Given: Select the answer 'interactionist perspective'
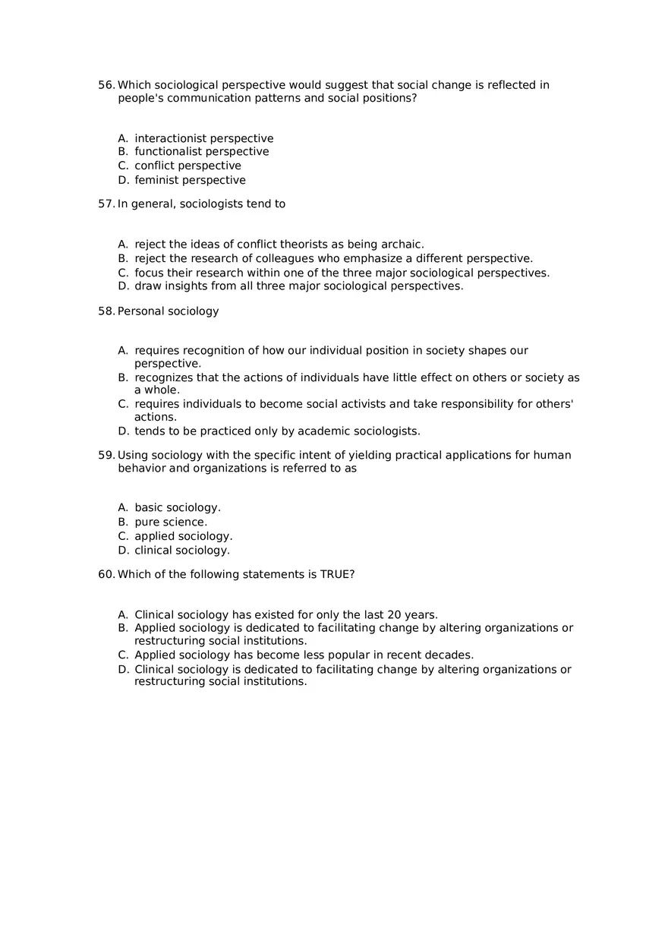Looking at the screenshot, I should click(x=203, y=138).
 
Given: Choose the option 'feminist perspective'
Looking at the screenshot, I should click(x=190, y=180).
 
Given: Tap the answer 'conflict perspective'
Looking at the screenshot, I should click(x=187, y=166).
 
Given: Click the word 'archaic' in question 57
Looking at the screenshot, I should click(x=402, y=245).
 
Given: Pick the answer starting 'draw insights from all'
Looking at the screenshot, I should click(x=298, y=286).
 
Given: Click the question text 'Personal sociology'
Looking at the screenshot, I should click(x=168, y=311).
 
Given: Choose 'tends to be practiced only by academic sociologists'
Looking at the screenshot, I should click(x=277, y=431).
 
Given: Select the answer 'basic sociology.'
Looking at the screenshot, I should click(x=178, y=507).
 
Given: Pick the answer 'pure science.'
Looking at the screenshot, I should click(x=171, y=522).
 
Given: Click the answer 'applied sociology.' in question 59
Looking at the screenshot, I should click(x=184, y=536).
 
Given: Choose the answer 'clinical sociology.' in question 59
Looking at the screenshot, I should click(x=182, y=551).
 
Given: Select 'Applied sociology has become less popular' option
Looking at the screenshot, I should click(x=304, y=655).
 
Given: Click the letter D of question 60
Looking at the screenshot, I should click(x=123, y=669).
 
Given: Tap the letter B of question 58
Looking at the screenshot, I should click(x=123, y=377).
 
